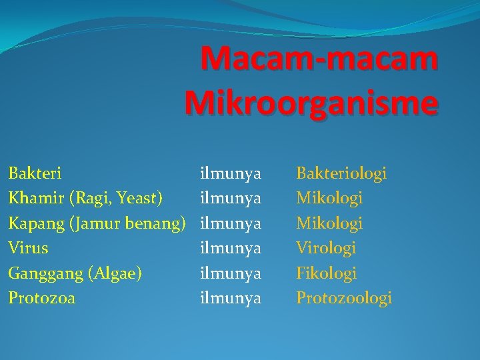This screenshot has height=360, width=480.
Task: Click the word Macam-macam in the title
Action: tap(319, 59)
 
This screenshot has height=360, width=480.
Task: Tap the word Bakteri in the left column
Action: tap(35, 173)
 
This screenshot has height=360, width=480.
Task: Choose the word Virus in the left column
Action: tap(28, 248)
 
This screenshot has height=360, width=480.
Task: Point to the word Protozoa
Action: tap(41, 298)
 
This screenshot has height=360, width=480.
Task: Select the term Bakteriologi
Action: tap(341, 173)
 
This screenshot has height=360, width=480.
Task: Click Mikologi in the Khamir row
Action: tap(329, 198)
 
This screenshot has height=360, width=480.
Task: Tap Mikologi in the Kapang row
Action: tap(329, 223)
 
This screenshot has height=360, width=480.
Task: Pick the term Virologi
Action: tap(326, 248)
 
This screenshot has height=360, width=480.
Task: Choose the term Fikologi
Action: tap(327, 273)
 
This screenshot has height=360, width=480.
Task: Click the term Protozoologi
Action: tap(344, 298)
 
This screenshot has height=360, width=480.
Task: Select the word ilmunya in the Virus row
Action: tap(231, 248)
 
